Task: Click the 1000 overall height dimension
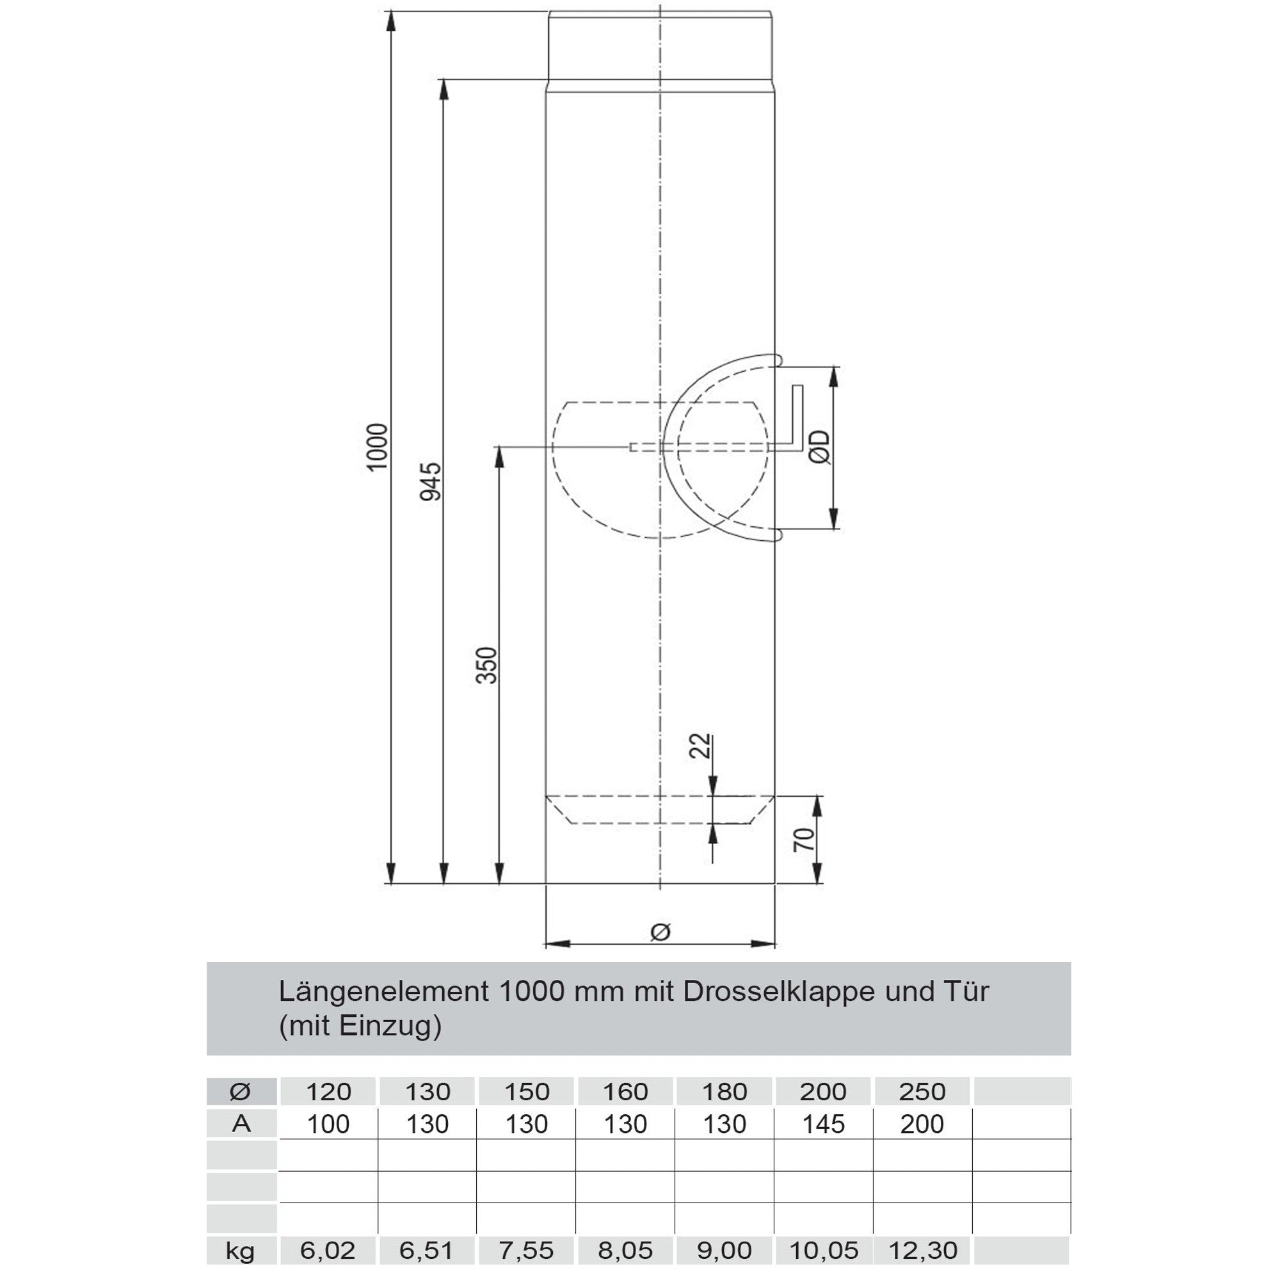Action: (377, 447)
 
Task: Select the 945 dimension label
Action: (431, 482)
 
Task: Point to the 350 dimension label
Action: (487, 665)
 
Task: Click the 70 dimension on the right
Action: (804, 840)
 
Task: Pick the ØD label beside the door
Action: (820, 447)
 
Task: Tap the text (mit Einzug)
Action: (360, 1027)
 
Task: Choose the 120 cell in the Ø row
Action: (328, 1091)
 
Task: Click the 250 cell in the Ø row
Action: (922, 1091)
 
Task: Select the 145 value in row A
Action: (823, 1124)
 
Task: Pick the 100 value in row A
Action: (328, 1124)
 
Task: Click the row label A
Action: (241, 1124)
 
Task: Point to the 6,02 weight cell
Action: (328, 1250)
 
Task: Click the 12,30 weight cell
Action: (922, 1250)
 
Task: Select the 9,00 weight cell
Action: (724, 1250)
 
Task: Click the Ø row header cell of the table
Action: (241, 1091)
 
